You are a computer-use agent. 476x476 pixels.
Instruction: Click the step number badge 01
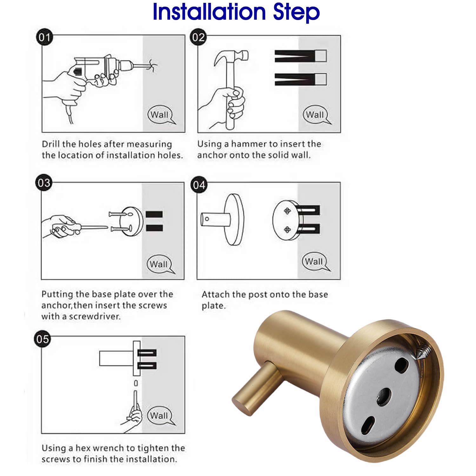point(44,38)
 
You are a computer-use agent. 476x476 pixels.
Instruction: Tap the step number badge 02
point(198,37)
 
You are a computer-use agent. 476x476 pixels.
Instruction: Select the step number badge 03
point(44,183)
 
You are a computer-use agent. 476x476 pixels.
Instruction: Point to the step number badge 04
point(199,185)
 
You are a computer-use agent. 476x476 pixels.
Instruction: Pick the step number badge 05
point(42,339)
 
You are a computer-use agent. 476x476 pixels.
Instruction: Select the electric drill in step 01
point(105,71)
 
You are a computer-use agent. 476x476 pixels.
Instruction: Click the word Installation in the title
point(209,12)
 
